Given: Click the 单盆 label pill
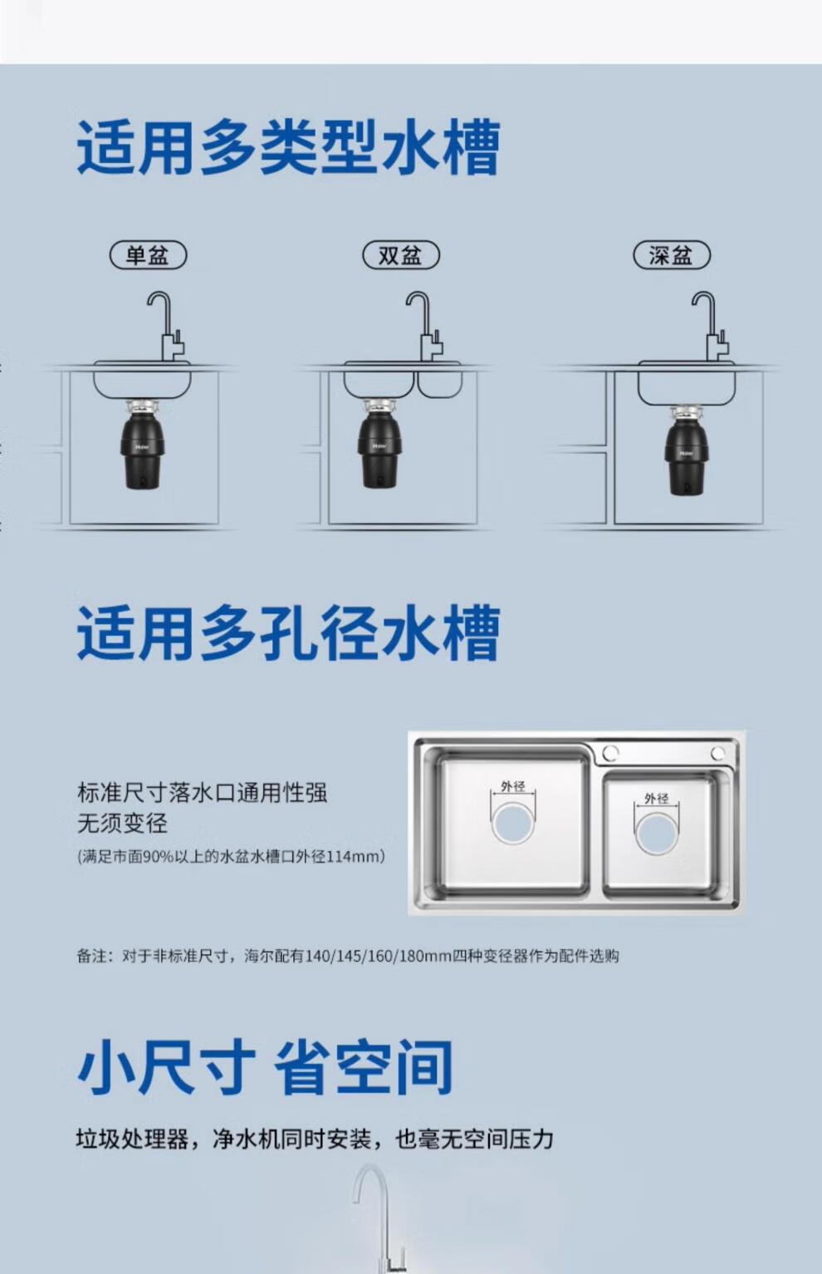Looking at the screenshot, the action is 148,255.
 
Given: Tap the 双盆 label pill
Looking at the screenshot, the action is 401,255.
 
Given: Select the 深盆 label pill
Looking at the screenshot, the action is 672,255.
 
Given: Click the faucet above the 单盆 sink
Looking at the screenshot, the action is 169,327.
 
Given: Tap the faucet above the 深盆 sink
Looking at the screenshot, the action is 712,327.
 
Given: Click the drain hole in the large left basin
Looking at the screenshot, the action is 513,823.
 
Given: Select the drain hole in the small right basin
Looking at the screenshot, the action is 656,834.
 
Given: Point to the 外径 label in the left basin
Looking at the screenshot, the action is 513,786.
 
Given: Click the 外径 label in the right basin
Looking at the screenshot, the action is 656,798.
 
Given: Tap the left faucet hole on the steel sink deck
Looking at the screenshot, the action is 610,753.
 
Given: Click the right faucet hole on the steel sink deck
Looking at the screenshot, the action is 718,753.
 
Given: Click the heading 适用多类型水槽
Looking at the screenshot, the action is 289,147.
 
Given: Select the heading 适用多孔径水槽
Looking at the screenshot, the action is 289,633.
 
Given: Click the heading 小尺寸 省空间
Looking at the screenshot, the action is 265,1066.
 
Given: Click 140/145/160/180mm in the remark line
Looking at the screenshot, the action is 379,956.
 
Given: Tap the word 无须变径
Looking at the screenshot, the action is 122,823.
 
